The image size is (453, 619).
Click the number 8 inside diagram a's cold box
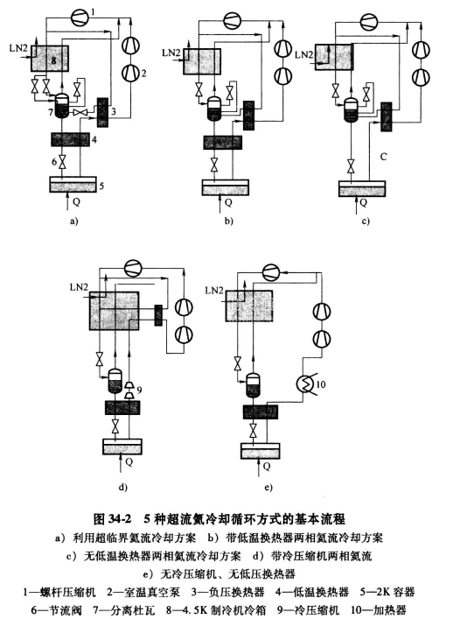54,61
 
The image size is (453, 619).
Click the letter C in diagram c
383,158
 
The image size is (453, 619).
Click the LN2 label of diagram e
215,288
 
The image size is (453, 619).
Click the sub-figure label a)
73,222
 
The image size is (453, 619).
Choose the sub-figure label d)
122,483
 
